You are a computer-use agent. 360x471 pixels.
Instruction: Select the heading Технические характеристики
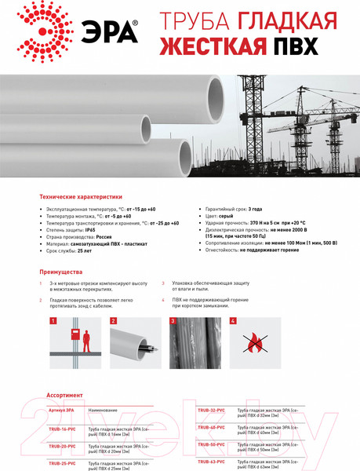[81, 198]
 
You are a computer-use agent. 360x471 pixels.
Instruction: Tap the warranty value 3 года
[255, 210]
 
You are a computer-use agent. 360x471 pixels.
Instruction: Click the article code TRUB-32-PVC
[211, 410]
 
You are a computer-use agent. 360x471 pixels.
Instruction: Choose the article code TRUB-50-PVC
[211, 444]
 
